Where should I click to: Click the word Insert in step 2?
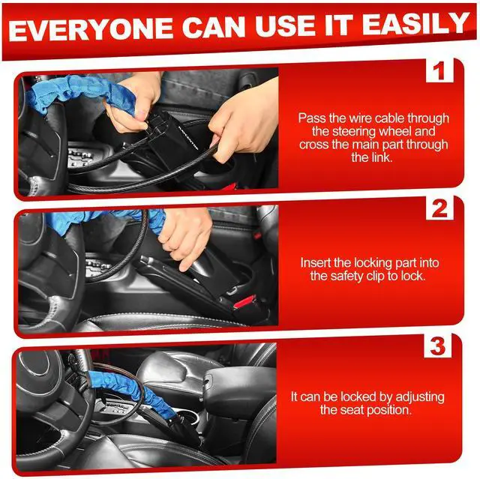click(x=316, y=263)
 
